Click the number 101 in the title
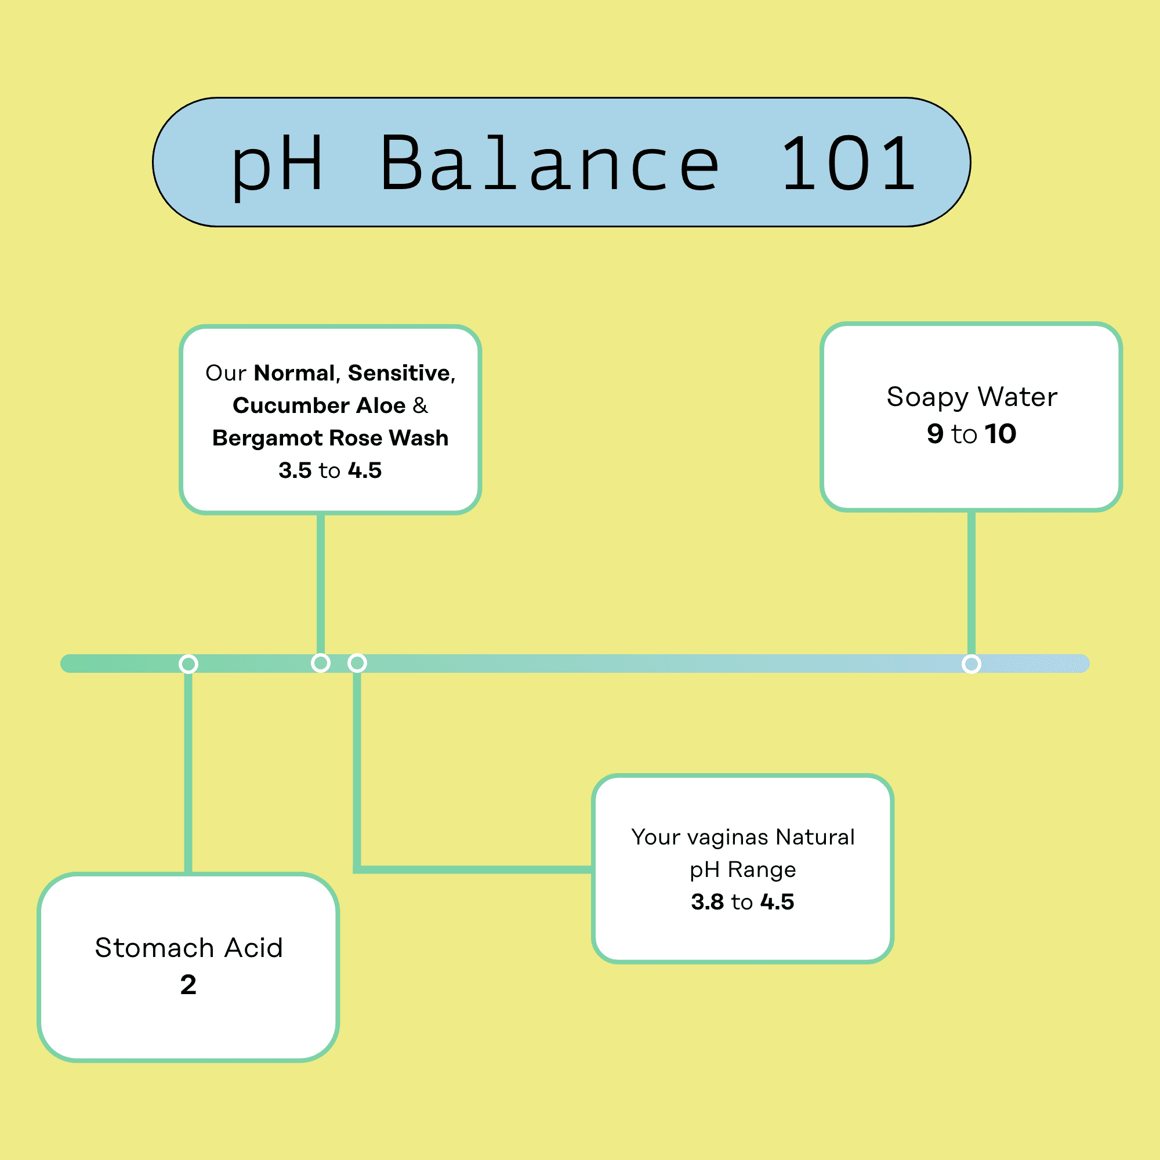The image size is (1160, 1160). click(848, 164)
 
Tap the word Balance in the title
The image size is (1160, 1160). click(550, 164)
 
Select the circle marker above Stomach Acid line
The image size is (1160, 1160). click(188, 664)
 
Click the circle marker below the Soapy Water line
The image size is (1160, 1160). click(971, 664)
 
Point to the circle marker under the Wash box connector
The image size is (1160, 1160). click(321, 663)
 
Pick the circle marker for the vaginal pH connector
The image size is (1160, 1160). click(357, 663)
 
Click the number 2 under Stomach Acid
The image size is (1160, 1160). click(188, 985)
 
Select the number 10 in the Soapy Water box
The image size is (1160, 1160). click(1000, 433)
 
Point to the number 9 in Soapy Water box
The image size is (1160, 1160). click(935, 433)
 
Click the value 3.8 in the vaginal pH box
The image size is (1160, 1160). click(707, 902)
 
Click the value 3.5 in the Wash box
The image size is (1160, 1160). click(295, 470)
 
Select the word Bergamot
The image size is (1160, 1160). click(267, 438)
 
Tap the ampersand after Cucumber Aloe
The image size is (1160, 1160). click(420, 405)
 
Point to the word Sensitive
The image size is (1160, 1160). click(398, 373)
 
